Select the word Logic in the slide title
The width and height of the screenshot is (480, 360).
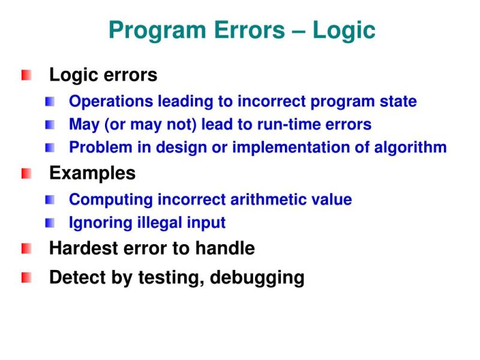[x=344, y=30]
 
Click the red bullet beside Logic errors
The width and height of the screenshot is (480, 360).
[x=26, y=76]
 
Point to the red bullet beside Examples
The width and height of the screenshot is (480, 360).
[x=26, y=174]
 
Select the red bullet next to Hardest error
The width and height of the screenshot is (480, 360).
[x=26, y=248]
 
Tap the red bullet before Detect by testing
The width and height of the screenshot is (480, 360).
[x=26, y=278]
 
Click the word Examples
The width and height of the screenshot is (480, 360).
[x=92, y=174]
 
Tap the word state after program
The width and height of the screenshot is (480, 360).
[x=397, y=102]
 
